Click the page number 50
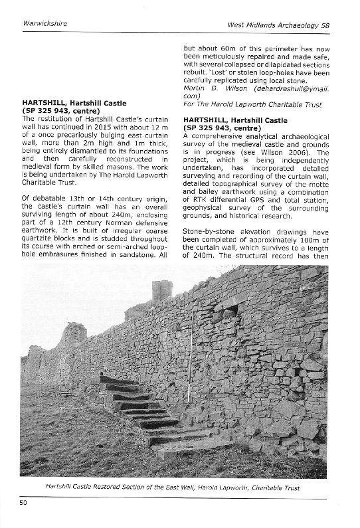point(23,503)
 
